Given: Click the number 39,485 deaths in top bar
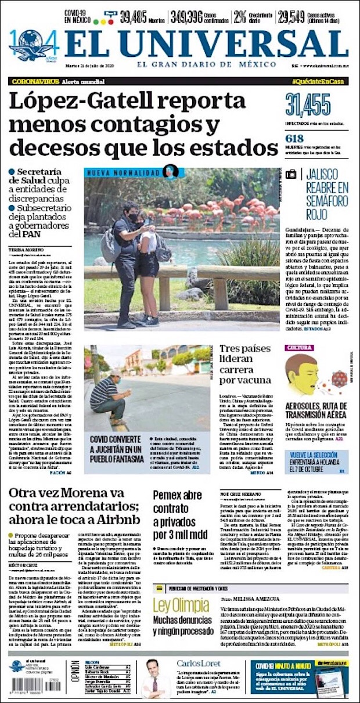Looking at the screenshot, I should click(x=134, y=17).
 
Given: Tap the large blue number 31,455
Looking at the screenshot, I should click(x=308, y=105).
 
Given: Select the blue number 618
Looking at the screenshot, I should click(x=296, y=139).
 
